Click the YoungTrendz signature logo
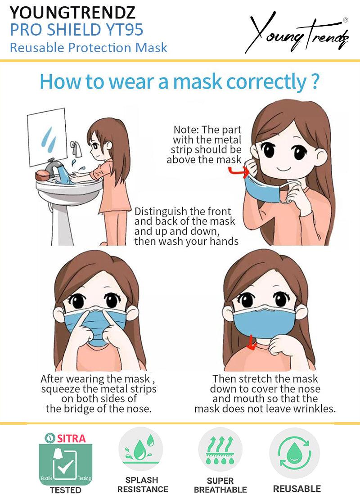tap(297, 34)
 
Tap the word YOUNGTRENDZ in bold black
tap(72, 13)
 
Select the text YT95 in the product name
tap(125, 30)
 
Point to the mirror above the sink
tap(47, 137)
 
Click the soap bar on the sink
tap(42, 175)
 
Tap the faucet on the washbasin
tap(54, 167)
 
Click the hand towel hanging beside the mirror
tap(76, 150)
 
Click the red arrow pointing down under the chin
tap(252, 343)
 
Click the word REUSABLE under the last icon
tap(297, 489)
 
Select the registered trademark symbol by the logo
tap(346, 20)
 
